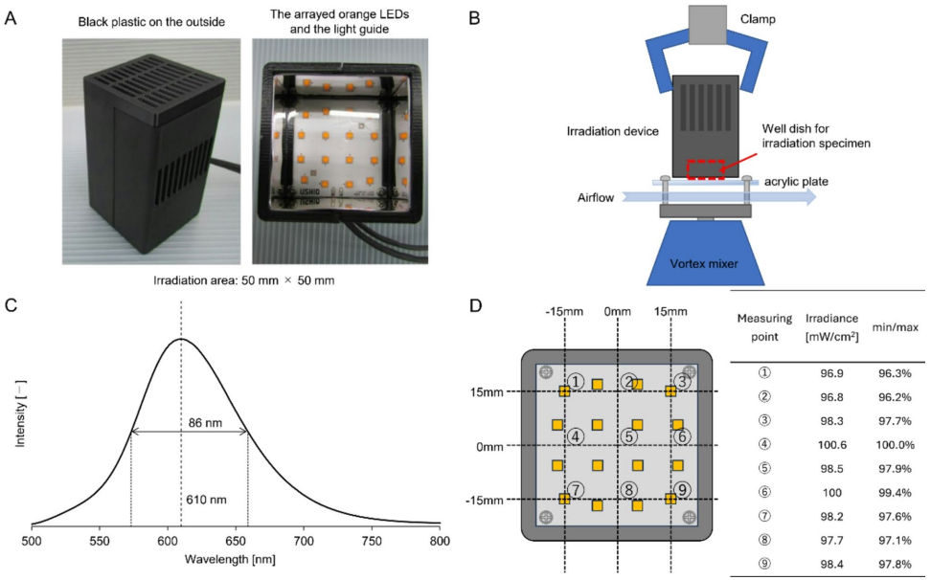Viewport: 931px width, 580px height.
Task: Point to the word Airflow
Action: (596, 198)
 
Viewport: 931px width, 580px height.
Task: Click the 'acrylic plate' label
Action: (790, 181)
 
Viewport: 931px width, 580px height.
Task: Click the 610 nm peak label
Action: (204, 500)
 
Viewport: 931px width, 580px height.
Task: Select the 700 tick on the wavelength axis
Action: (304, 541)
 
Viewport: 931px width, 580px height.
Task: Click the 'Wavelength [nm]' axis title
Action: (236, 560)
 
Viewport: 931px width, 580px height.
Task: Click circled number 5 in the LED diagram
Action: (628, 436)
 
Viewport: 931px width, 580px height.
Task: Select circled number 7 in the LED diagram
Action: (575, 490)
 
